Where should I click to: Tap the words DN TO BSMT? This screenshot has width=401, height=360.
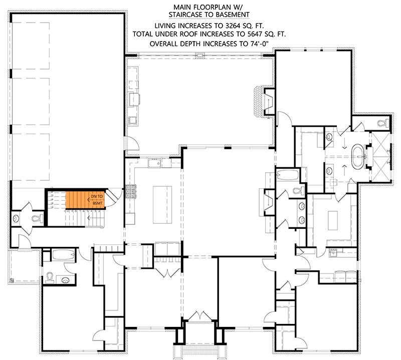pyautogui.click(x=97, y=200)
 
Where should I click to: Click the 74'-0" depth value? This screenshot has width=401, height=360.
pyautogui.click(x=258, y=45)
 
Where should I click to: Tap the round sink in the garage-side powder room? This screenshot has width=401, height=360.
pyautogui.click(x=17, y=218)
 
